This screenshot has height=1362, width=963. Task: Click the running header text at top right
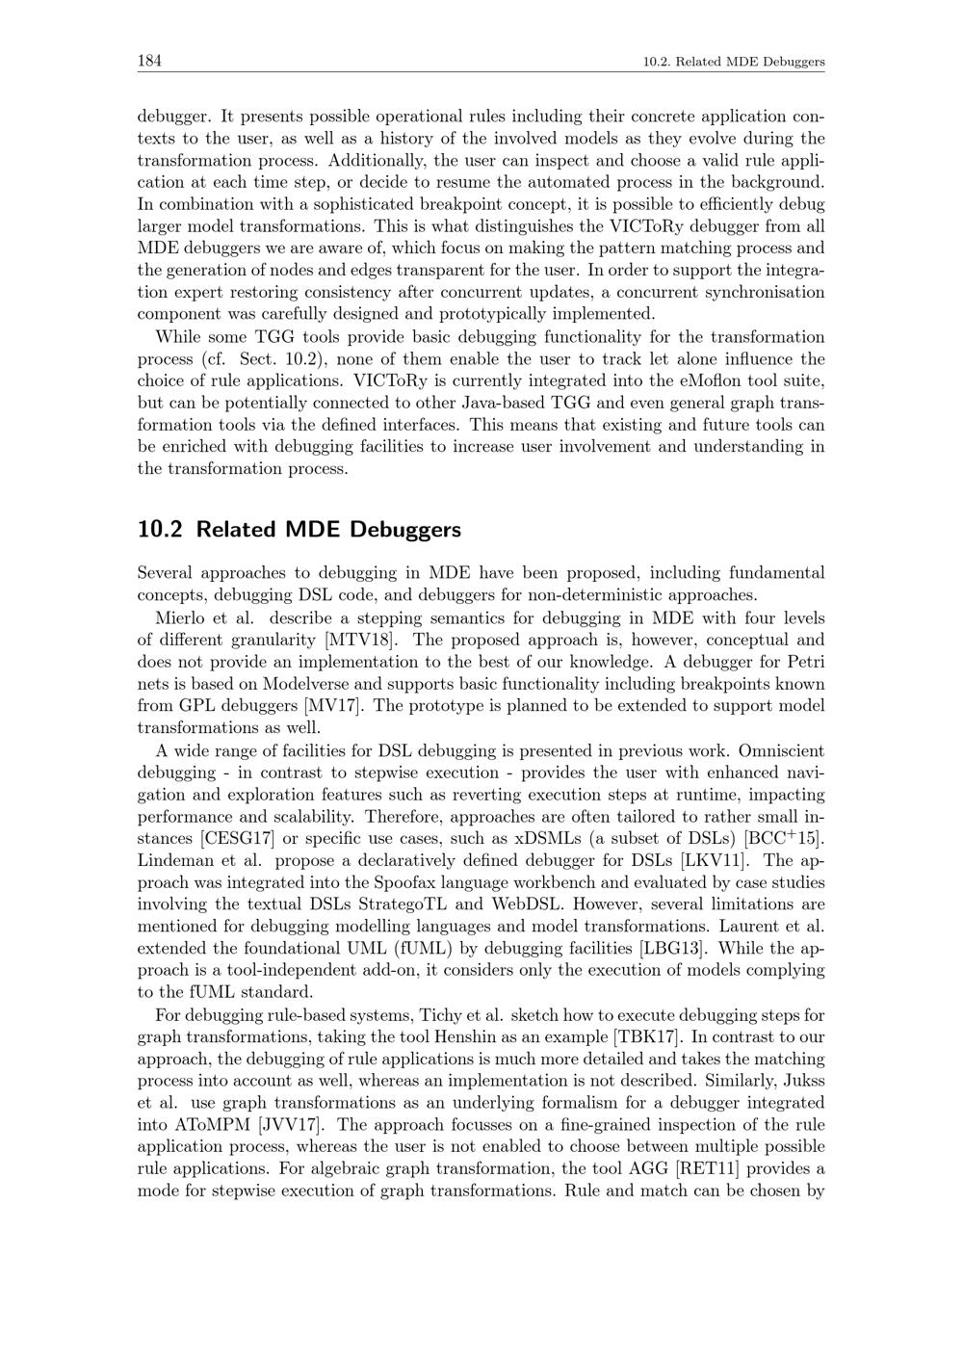(x=734, y=63)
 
